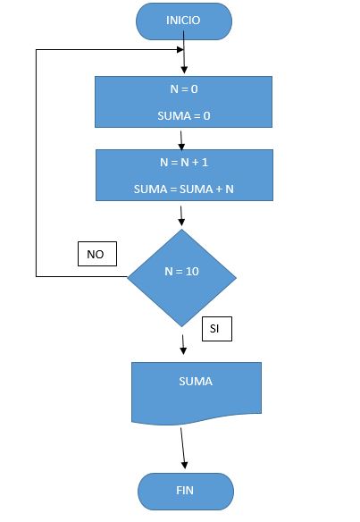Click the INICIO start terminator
pyautogui.click(x=184, y=21)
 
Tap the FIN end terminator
pyautogui.click(x=186, y=492)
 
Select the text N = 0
pyautogui.click(x=184, y=88)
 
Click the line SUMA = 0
pyautogui.click(x=184, y=116)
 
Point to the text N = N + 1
pyautogui.click(x=184, y=162)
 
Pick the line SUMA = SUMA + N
pyautogui.click(x=184, y=189)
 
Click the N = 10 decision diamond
pyautogui.click(x=181, y=278)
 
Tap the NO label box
pyautogui.click(x=97, y=254)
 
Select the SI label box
pyautogui.click(x=217, y=329)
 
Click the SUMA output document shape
pyautogui.click(x=197, y=392)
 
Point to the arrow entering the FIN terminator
pyautogui.click(x=182, y=448)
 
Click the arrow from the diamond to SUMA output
pyautogui.click(x=182, y=344)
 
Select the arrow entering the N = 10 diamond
pyautogui.click(x=181, y=215)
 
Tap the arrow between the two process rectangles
pyautogui.click(x=181, y=140)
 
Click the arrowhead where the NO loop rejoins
pyautogui.click(x=180, y=49)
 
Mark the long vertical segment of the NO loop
pyautogui.click(x=36, y=163)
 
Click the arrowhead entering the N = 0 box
pyautogui.click(x=184, y=70)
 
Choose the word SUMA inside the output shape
pyautogui.click(x=196, y=381)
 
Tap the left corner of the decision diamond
pyautogui.click(x=128, y=277)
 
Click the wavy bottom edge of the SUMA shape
pyautogui.click(x=197, y=420)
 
